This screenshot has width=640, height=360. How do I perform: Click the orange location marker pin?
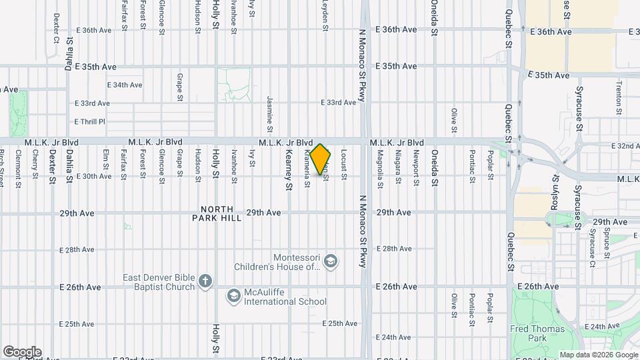pos(321,159)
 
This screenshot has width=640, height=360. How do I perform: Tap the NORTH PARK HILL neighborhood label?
pos(217,213)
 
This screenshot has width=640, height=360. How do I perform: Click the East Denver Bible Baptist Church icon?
pos(205,281)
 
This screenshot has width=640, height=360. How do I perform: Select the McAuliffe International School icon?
pos(233,295)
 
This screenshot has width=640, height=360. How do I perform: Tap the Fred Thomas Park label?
pos(542,333)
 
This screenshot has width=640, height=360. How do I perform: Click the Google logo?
pos(22,352)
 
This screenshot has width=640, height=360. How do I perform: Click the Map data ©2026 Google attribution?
pos(597,355)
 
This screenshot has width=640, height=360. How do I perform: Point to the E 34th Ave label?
pos(125,85)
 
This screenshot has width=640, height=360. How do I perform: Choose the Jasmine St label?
pos(271,113)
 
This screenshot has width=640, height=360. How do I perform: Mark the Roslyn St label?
pos(554,188)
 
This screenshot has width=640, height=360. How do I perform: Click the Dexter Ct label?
pos(56,27)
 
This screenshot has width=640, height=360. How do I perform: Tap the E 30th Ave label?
pos(94,176)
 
